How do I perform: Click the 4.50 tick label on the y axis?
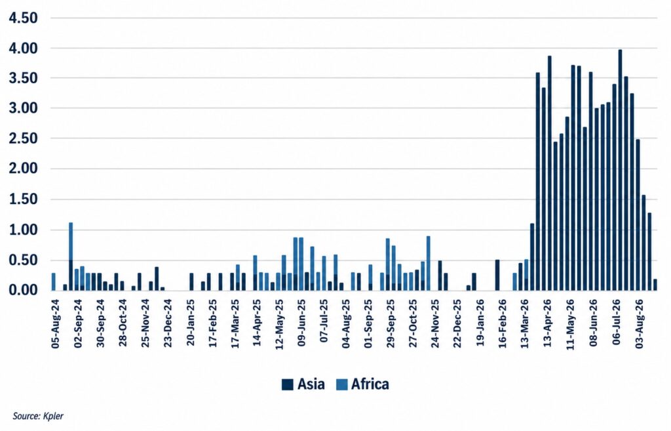point(23,18)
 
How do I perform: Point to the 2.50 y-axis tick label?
point(23,138)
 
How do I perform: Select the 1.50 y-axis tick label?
point(23,199)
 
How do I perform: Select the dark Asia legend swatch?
point(288,384)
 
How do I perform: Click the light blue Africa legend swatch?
point(341,384)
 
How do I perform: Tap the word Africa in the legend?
point(370,384)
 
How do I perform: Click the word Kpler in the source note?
point(54,416)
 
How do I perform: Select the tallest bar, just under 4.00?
point(620,170)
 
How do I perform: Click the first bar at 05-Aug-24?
point(54,281)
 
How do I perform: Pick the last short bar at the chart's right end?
point(655,285)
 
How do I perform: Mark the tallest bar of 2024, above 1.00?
point(71,257)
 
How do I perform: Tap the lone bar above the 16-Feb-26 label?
point(497,275)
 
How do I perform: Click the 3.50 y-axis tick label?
point(23,78)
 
